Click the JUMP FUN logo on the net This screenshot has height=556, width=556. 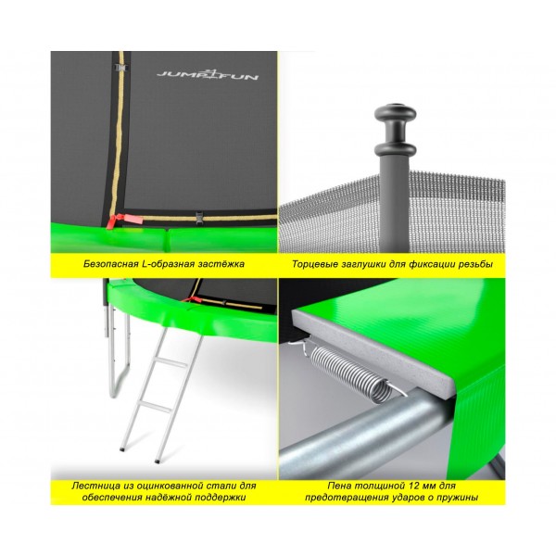pos(208,74)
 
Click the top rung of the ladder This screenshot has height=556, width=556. pos(171,362)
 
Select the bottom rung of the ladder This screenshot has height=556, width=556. pos(155,407)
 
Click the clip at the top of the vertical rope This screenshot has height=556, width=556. pos(121,67)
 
